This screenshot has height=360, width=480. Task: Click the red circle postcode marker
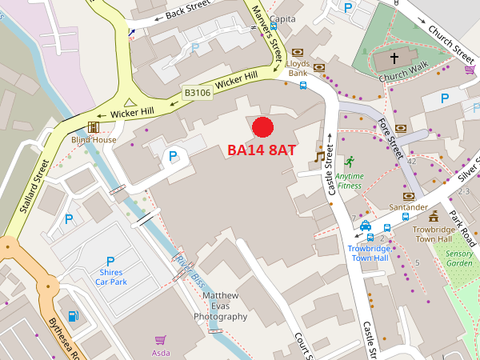coord(263,126)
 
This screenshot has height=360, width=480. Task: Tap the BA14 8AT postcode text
coord(262,150)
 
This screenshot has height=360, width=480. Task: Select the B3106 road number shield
coord(198,93)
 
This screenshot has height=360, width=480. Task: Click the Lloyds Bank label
coord(298,68)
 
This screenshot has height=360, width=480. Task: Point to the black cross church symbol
coord(394,58)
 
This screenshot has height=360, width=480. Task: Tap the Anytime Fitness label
coord(348,180)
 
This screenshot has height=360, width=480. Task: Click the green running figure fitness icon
coord(349,162)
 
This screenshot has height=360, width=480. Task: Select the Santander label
coord(408,206)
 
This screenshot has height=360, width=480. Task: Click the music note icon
coord(320,157)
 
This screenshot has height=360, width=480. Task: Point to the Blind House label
coord(94,139)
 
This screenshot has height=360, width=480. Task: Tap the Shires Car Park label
coord(110,277)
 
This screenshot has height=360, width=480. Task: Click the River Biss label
coord(186,270)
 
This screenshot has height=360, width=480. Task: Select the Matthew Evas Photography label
coord(220,306)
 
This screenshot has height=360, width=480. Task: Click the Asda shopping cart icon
coord(160,340)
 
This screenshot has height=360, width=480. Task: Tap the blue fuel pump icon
coord(74,317)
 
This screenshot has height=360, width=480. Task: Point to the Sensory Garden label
coord(459,258)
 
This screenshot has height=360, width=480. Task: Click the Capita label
coord(282,18)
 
